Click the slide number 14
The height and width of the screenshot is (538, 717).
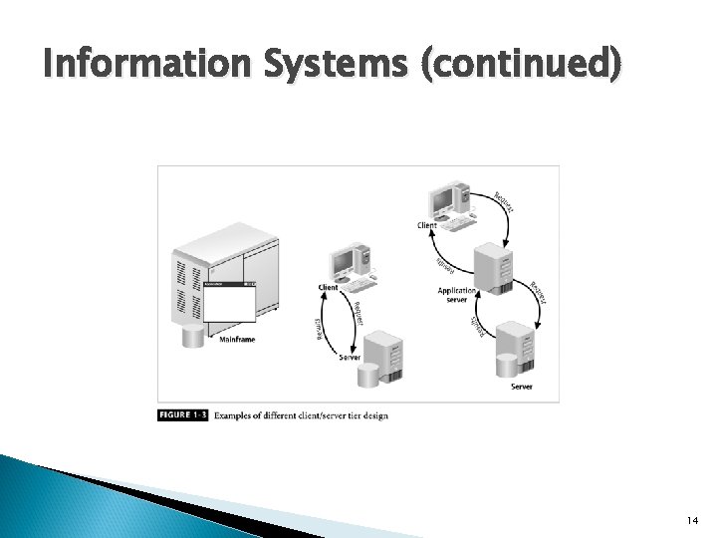[691, 521]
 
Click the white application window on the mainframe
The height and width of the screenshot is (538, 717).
[228, 303]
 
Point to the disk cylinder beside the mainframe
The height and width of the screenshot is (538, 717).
[192, 335]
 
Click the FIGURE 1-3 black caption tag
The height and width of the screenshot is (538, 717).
[182, 414]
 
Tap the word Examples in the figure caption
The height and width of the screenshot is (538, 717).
[235, 414]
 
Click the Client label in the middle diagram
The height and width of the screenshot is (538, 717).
[328, 287]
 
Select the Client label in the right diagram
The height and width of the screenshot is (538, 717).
[426, 225]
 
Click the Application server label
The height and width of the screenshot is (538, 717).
[458, 295]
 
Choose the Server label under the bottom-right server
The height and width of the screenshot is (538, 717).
[522, 387]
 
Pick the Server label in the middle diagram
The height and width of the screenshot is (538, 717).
[350, 357]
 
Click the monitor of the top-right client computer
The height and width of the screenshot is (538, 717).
[440, 196]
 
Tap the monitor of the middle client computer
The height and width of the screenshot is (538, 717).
[344, 261]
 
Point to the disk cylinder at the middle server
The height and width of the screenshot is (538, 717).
[368, 376]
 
